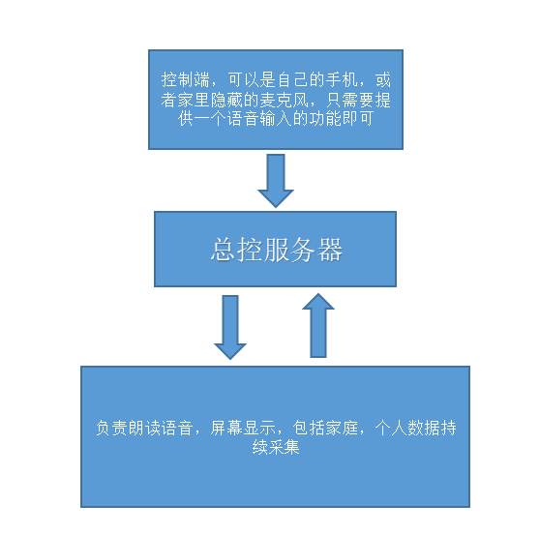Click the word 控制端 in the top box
pyautogui.click(x=185, y=80)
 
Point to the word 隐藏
pyautogui.click(x=226, y=100)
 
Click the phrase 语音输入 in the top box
pyautogui.click(x=259, y=119)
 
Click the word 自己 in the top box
pyautogui.click(x=292, y=80)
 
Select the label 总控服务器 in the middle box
pyautogui.click(x=277, y=250)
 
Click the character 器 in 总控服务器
pyautogui.click(x=330, y=250)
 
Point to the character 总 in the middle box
pyautogui.click(x=224, y=250)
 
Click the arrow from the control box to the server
pyautogui.click(x=276, y=180)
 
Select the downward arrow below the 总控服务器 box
pyautogui.click(x=230, y=327)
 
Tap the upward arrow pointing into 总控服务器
pyautogui.click(x=318, y=325)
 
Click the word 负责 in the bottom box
pyautogui.click(x=111, y=428)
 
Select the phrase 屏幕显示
pyautogui.click(x=243, y=428)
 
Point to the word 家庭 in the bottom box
pyautogui.click(x=342, y=428)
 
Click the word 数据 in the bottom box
pyautogui.click(x=424, y=428)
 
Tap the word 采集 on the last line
pyautogui.click(x=284, y=447)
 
